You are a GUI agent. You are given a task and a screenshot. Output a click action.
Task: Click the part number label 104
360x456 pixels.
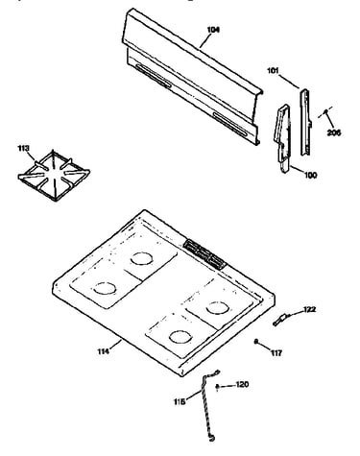pyautogui.click(x=213, y=30)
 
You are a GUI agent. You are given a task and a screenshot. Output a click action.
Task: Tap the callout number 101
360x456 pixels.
pyautogui.click(x=273, y=71)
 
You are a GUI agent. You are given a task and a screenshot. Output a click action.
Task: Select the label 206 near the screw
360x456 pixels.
pyautogui.click(x=334, y=132)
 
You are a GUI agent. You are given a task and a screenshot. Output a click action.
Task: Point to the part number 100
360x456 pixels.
pyautogui.click(x=310, y=175)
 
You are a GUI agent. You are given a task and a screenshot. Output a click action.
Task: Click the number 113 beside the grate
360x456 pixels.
pyautogui.click(x=23, y=148)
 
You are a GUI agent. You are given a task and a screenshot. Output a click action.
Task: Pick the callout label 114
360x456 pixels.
pyautogui.click(x=104, y=351)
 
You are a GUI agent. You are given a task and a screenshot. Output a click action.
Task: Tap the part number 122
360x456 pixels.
pyautogui.click(x=309, y=309)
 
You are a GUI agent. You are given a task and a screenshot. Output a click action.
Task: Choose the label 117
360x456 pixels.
pyautogui.click(x=276, y=353)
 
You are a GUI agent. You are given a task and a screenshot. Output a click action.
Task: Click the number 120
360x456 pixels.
pyautogui.click(x=242, y=384)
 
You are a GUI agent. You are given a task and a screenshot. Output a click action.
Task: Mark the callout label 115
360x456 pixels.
pyautogui.click(x=180, y=401)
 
